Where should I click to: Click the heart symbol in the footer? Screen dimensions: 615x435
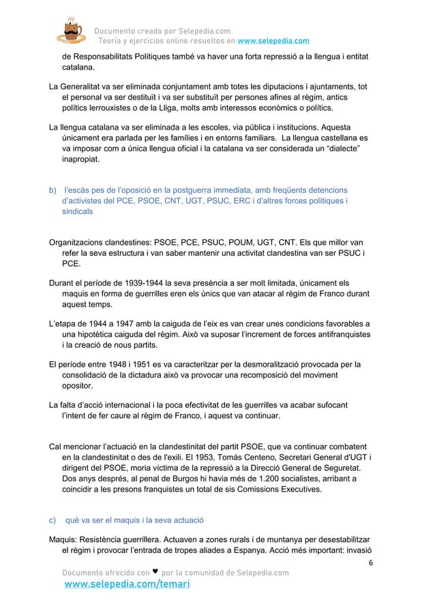pyautogui.click(x=155, y=572)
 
